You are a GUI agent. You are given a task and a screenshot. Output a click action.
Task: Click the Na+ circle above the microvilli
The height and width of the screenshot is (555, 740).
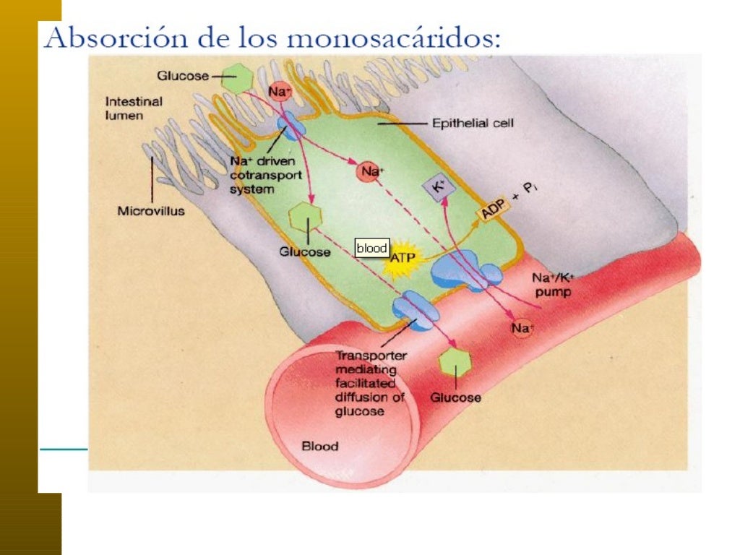[x=280, y=91]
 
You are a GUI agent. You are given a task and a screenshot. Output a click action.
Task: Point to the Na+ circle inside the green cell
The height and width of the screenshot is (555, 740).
[x=371, y=172]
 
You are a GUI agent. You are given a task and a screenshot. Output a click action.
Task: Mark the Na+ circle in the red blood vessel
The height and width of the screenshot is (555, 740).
[x=522, y=329]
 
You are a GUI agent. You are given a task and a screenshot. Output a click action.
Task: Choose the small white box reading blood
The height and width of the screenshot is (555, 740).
[x=372, y=248]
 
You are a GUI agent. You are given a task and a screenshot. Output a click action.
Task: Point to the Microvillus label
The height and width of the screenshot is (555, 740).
[x=150, y=211]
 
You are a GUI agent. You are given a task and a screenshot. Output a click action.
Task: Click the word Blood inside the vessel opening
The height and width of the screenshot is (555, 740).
[x=319, y=446]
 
